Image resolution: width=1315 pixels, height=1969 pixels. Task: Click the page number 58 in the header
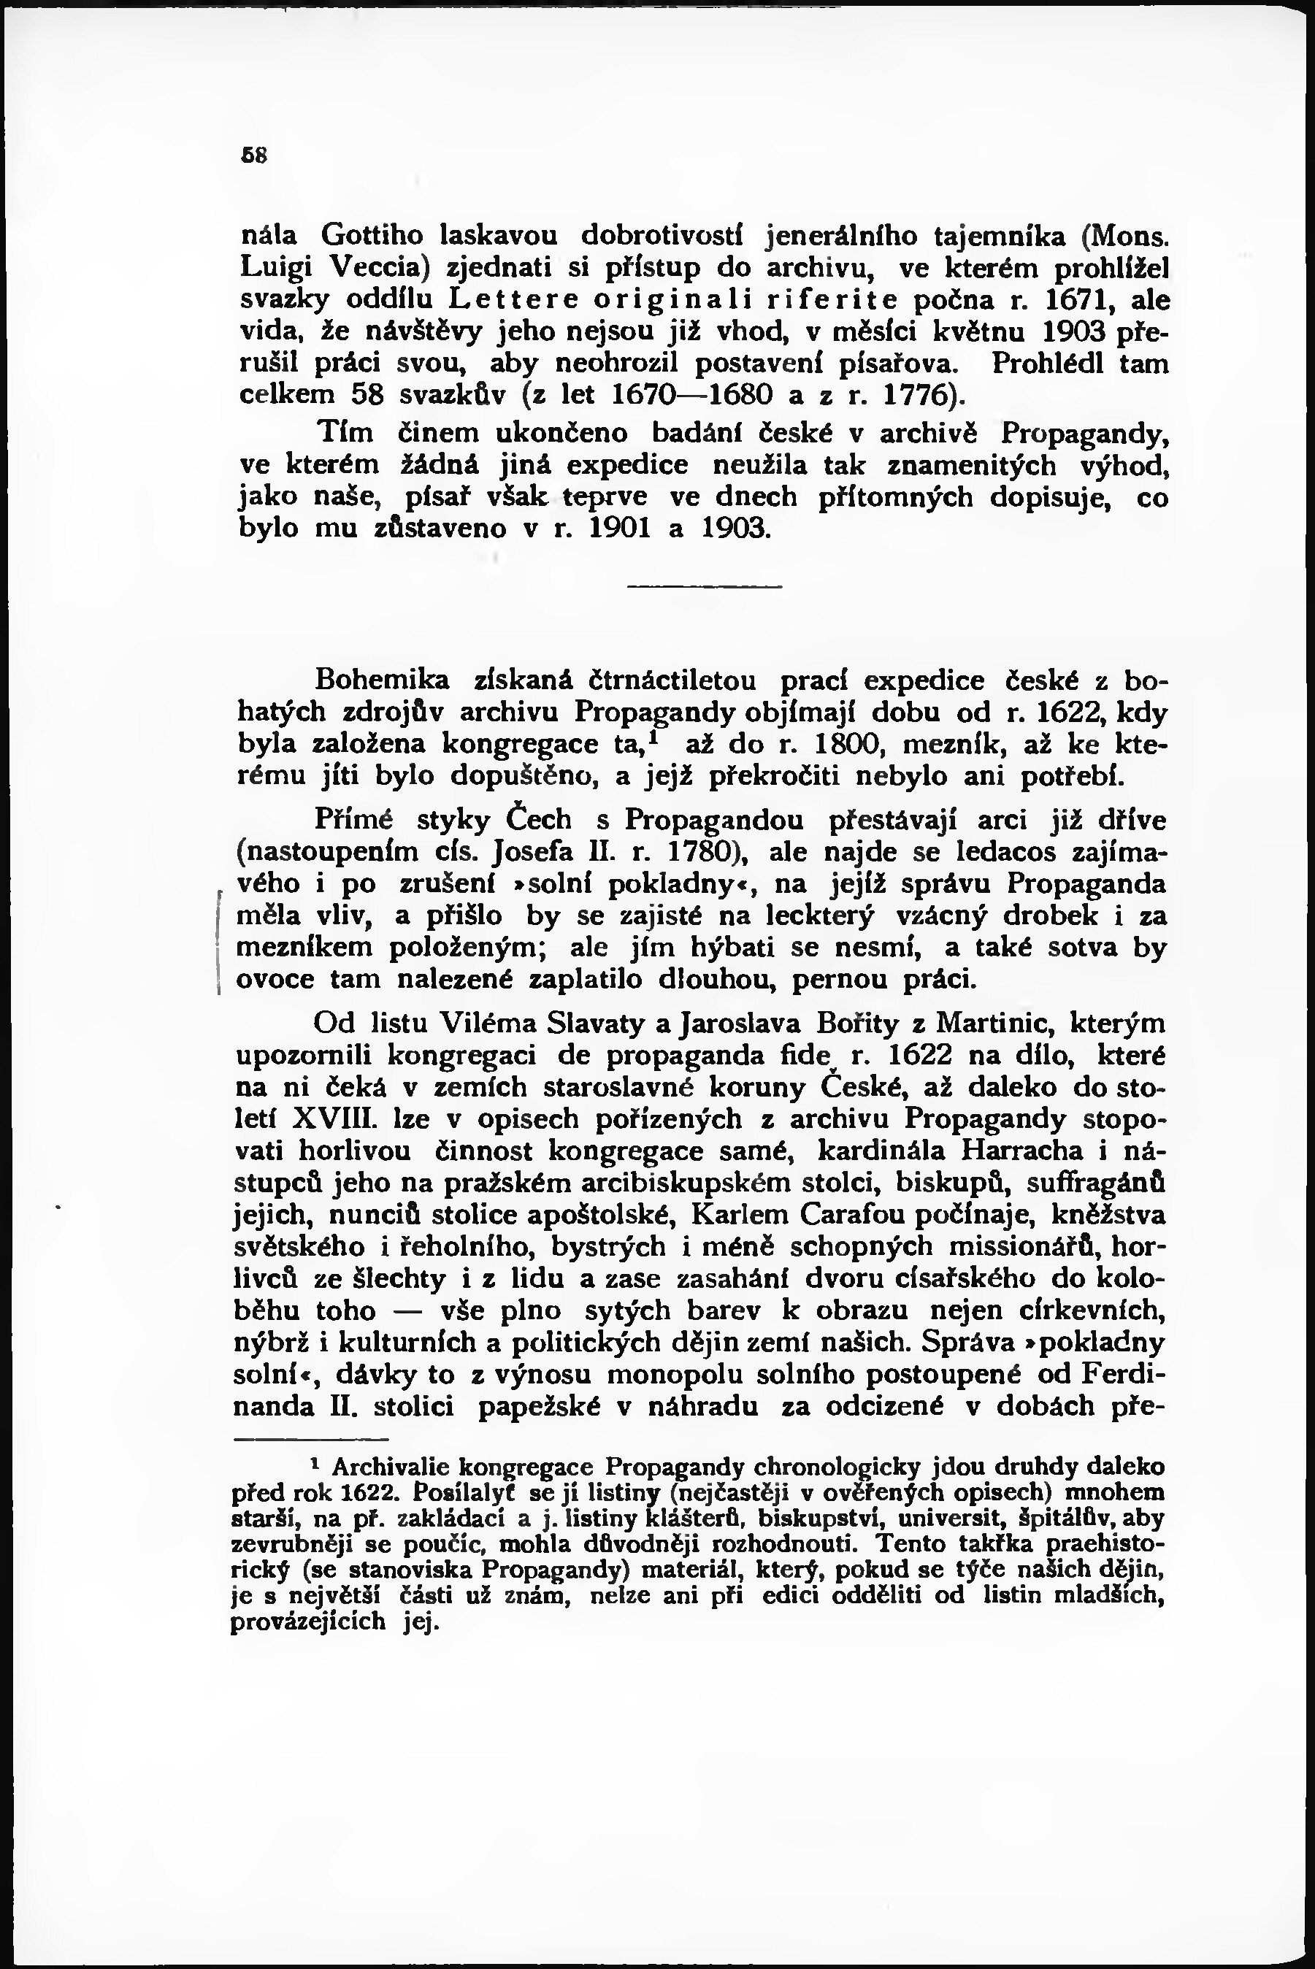(x=253, y=155)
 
